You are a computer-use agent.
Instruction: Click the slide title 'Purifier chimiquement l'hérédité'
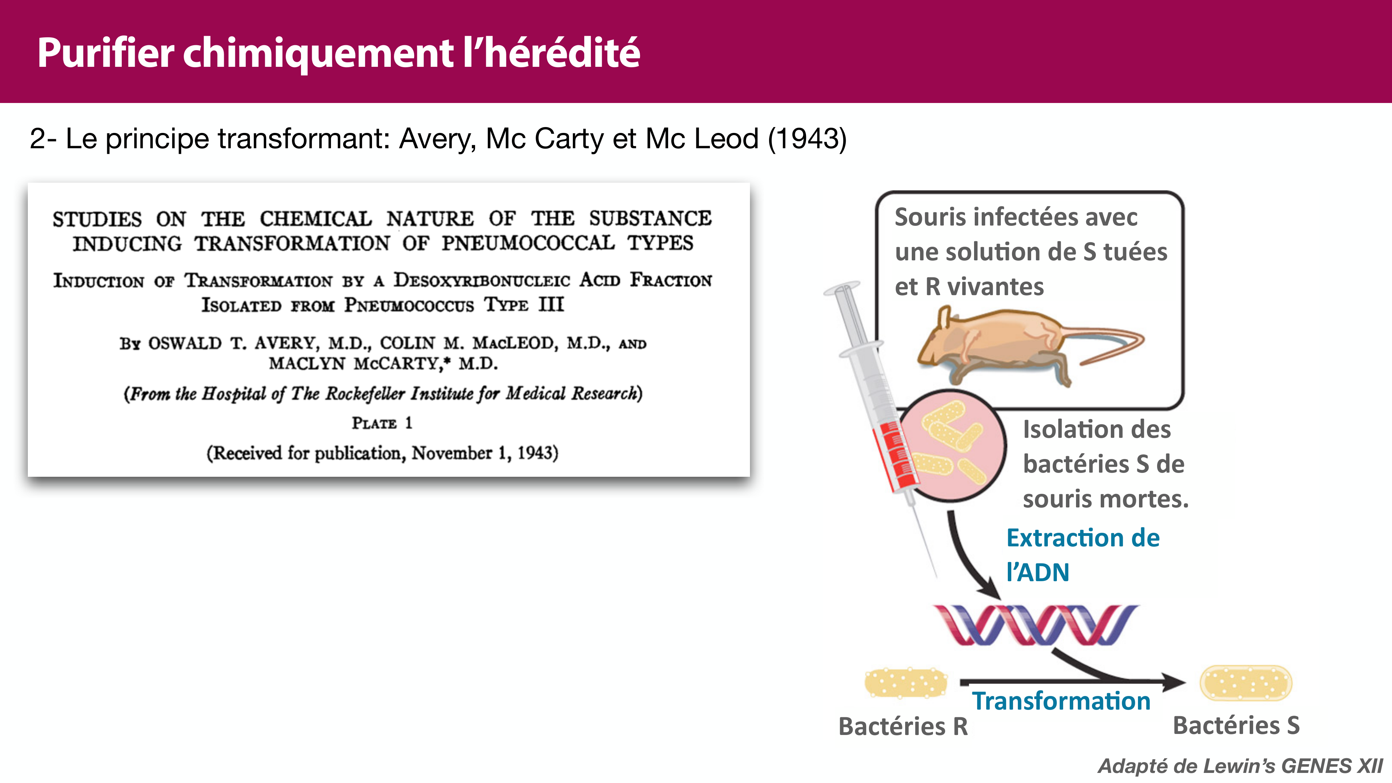click(x=338, y=53)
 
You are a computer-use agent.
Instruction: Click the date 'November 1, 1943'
click(x=484, y=453)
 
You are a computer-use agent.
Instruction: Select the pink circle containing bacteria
click(x=954, y=446)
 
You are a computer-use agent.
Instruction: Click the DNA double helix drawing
click(x=1035, y=625)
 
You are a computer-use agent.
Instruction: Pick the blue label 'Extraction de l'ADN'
click(x=1082, y=555)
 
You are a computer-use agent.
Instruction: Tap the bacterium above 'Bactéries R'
click(x=905, y=683)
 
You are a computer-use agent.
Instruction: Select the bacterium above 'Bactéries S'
click(x=1245, y=683)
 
